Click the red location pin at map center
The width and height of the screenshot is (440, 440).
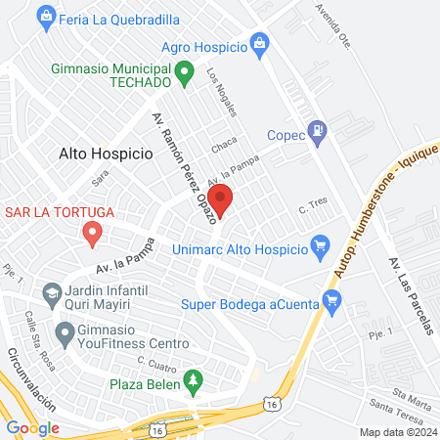click(221, 201)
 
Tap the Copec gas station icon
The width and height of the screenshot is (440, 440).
click(316, 129)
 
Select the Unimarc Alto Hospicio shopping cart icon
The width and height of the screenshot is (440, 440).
click(319, 244)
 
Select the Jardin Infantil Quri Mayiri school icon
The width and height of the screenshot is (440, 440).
click(50, 290)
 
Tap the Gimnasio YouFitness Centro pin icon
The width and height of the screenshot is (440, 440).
click(66, 334)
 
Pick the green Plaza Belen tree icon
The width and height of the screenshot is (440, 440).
click(194, 378)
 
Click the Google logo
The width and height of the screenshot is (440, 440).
click(32, 427)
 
